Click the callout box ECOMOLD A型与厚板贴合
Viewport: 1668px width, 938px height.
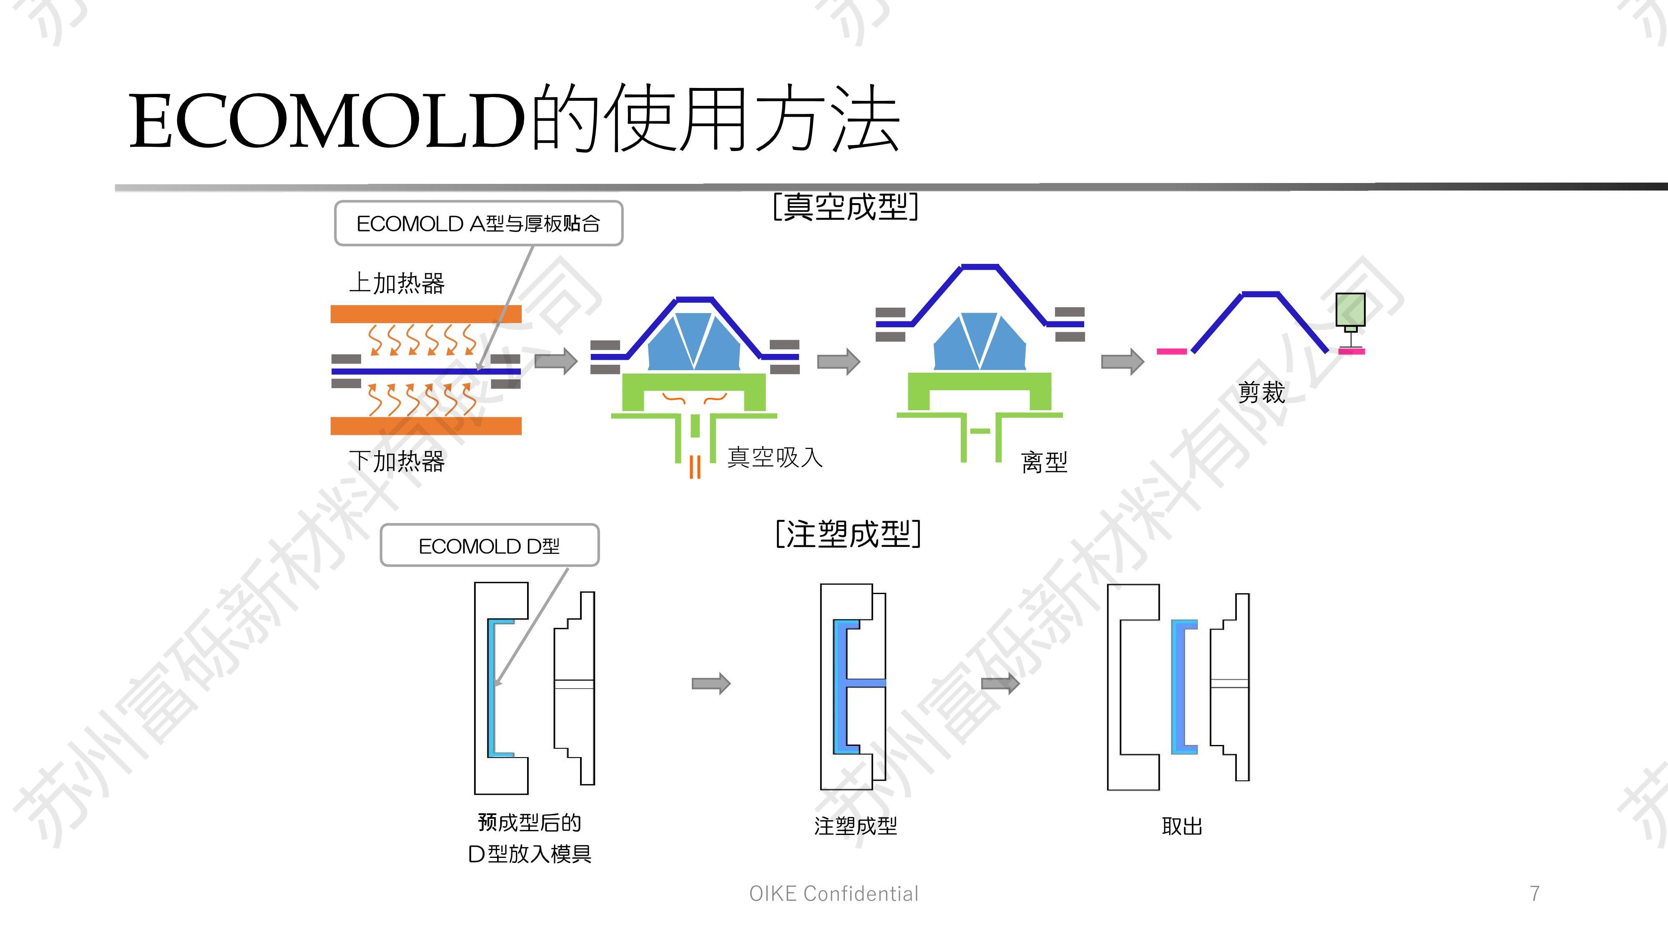(479, 224)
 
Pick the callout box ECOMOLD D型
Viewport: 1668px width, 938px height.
(490, 546)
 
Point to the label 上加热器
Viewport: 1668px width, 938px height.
(397, 283)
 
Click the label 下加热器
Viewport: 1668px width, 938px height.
(397, 461)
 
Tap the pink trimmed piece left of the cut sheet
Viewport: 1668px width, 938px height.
(1172, 351)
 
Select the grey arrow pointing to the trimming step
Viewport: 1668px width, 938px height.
(1122, 361)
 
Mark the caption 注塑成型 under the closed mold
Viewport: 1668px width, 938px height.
(855, 826)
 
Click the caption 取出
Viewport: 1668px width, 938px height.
(1182, 826)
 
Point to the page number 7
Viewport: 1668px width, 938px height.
(1535, 893)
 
